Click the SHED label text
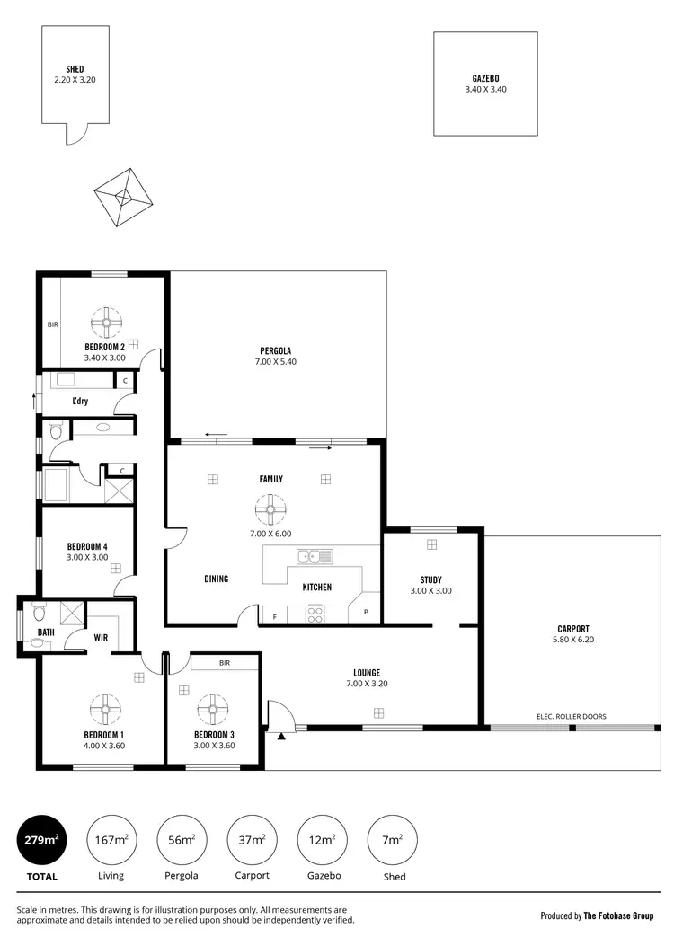point(75,69)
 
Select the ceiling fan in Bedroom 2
point(106,321)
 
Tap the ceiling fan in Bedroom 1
point(106,710)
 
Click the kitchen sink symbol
point(315,557)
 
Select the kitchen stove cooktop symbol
point(315,614)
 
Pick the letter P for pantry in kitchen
point(366,613)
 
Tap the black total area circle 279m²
point(41,840)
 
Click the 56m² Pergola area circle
point(182,840)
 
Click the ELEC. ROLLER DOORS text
point(570,716)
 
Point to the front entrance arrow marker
point(281,737)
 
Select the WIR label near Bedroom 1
point(102,637)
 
